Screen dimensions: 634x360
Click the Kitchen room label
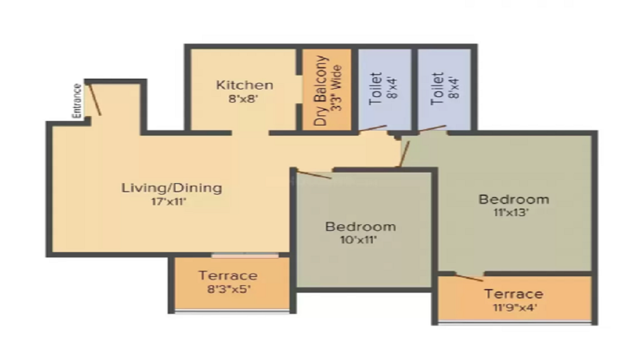[x=245, y=85]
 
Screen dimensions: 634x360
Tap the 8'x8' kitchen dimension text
[x=243, y=99]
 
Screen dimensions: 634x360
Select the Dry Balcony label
[x=320, y=91]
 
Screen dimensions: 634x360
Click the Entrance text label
[x=77, y=101]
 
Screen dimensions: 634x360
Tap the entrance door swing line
[x=94, y=100]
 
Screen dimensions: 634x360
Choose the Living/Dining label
[x=172, y=188]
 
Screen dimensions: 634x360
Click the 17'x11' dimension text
[x=169, y=202]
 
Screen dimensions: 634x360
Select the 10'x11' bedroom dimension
[x=358, y=240]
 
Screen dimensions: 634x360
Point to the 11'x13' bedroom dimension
[x=511, y=212]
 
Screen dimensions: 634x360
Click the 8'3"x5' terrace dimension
[x=229, y=289]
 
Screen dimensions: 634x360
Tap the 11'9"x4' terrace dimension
[x=515, y=307]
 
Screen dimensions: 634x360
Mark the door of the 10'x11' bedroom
[x=314, y=175]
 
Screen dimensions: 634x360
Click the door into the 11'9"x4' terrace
[x=469, y=278]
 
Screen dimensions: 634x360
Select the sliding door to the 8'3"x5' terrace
[x=245, y=255]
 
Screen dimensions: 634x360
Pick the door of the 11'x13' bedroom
[x=404, y=153]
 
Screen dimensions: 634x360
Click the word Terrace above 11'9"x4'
[x=514, y=293]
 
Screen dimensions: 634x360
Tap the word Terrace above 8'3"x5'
[x=228, y=276]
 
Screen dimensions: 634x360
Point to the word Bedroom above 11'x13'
[x=514, y=199]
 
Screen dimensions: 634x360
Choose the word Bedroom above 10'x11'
[x=361, y=227]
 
